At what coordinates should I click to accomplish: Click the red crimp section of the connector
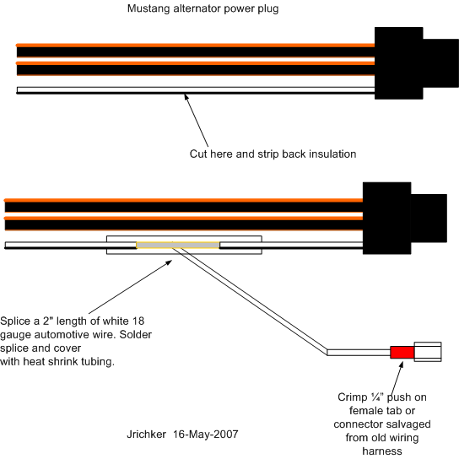(x=402, y=352)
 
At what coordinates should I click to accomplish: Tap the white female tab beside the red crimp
(x=428, y=352)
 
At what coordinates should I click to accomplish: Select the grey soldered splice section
(x=178, y=245)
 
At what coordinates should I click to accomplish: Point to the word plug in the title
(x=267, y=9)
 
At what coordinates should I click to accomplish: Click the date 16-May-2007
(x=206, y=435)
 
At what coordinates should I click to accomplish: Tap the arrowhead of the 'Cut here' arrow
(x=186, y=96)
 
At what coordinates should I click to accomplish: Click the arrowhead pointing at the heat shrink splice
(x=169, y=262)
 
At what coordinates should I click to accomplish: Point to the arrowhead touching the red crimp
(x=402, y=364)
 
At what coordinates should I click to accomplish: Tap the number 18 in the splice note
(x=138, y=321)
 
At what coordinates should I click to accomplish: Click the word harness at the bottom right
(x=382, y=451)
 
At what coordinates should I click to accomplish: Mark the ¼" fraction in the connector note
(x=377, y=397)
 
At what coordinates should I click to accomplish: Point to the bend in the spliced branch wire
(x=327, y=352)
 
